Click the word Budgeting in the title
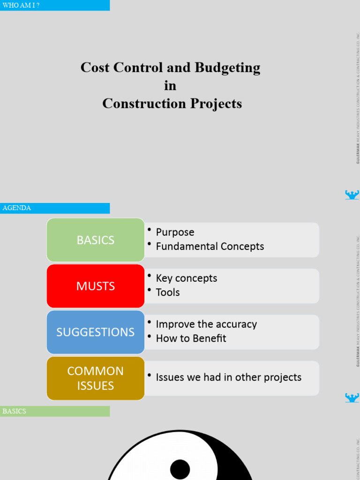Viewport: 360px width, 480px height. [227, 68]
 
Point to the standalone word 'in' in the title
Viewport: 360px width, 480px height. [170, 86]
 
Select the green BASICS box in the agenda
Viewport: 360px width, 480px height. [96, 240]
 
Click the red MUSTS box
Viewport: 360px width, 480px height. [96, 286]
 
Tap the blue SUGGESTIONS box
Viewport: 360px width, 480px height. [96, 332]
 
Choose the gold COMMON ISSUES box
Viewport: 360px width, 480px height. [96, 378]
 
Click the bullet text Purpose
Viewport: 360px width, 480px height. [175, 232]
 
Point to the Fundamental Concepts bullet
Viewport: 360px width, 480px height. [210, 246]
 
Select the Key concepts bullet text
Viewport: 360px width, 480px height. [186, 278]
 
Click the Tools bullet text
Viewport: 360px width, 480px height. [167, 292]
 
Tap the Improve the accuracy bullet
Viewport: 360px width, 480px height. [206, 324]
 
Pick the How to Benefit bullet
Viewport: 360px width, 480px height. [191, 338]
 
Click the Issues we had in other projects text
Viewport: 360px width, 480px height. [228, 377]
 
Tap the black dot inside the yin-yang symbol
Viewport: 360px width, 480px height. [180, 469]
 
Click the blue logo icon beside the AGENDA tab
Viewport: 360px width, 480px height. [352, 195]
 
